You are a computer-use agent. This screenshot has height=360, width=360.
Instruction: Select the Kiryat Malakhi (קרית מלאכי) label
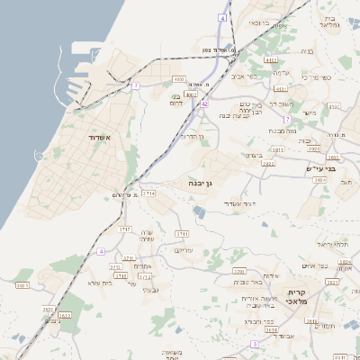pyautogui.click(x=298, y=297)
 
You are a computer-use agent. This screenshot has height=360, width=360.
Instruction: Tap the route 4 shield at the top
pyautogui.click(x=222, y=17)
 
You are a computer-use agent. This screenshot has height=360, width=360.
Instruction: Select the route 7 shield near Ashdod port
pyautogui.click(x=135, y=85)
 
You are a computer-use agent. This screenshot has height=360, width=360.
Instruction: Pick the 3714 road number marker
pyautogui.click(x=148, y=193)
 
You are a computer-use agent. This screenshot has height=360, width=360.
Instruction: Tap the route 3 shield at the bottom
pyautogui.click(x=255, y=344)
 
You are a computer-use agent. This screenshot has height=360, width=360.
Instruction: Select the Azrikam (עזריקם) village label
pyautogui.click(x=183, y=249)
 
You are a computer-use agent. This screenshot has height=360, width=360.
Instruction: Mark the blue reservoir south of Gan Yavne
pyautogui.click(x=199, y=211)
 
